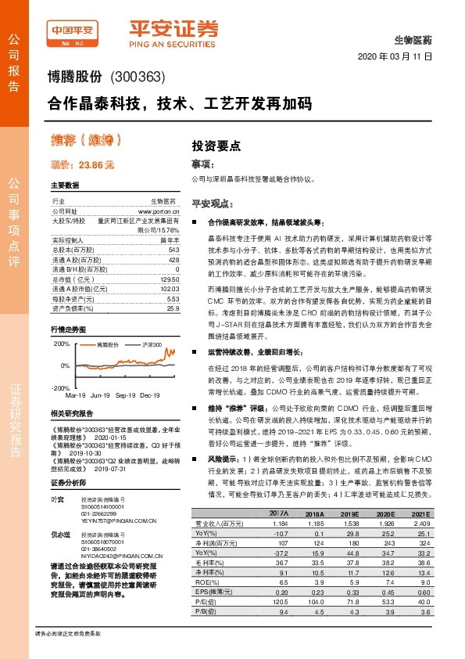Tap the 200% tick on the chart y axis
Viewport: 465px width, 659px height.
click(61, 344)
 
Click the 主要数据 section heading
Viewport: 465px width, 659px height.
click(65, 186)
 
